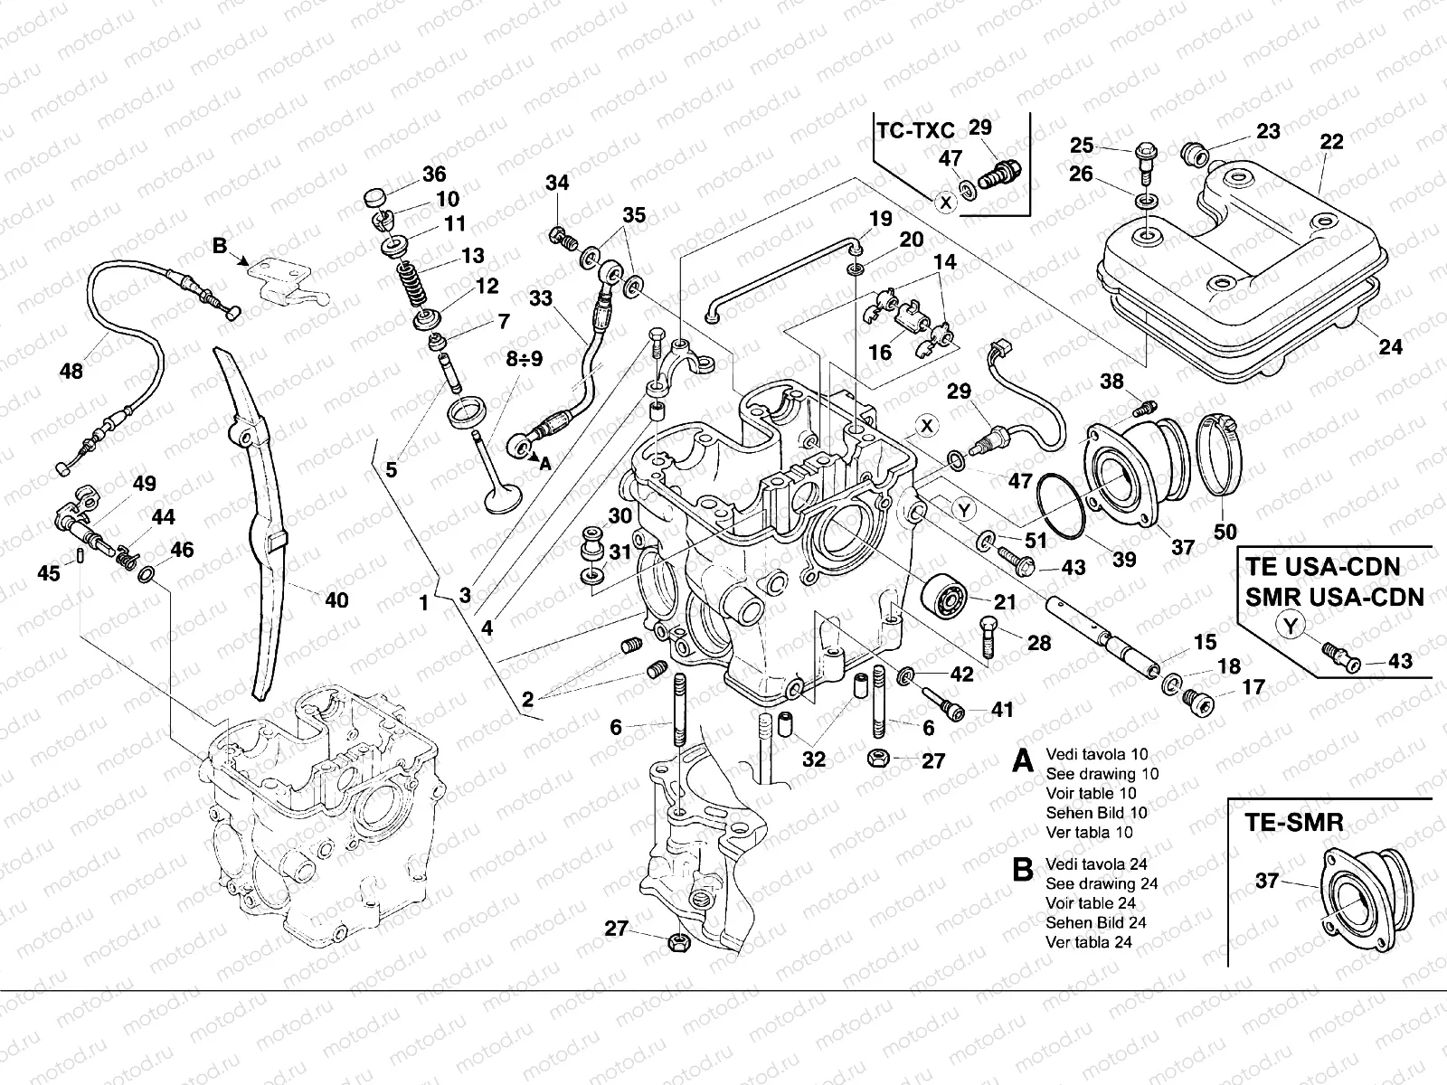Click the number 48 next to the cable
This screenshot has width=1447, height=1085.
pos(71,372)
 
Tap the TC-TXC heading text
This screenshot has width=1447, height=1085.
pos(914,129)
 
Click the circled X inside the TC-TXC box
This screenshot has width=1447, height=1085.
pos(945,203)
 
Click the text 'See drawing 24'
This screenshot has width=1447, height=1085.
pos(1102,883)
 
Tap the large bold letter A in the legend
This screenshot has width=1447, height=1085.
pos(1022,761)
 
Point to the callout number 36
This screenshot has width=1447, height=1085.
pos(433,174)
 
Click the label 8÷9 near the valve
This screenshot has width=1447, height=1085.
pos(524,360)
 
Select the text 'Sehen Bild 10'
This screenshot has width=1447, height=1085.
pos(1096,813)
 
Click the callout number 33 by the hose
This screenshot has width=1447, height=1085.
pos(540,297)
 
